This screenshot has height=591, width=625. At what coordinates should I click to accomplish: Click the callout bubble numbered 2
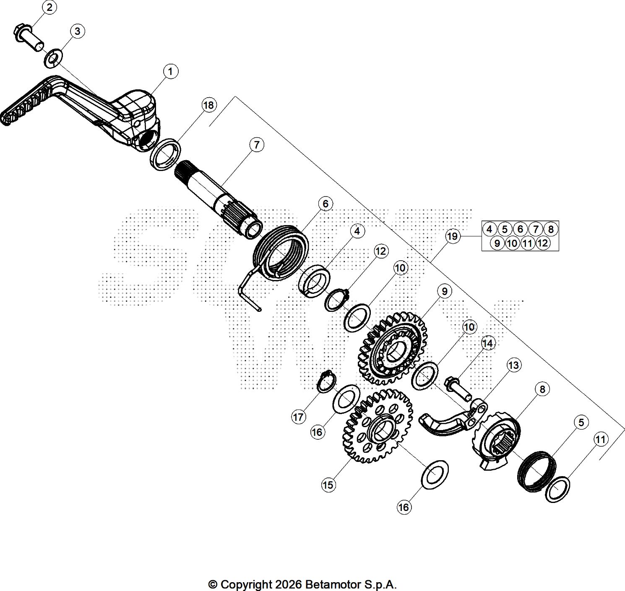coord(49,7)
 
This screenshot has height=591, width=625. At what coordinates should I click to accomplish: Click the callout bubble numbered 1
coord(170,72)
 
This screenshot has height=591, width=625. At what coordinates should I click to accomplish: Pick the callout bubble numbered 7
coord(256,145)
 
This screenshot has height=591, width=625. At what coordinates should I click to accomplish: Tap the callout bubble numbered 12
coord(380,251)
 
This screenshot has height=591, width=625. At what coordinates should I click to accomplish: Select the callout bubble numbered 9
coord(445,291)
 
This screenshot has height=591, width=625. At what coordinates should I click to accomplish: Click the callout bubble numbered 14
coord(487,343)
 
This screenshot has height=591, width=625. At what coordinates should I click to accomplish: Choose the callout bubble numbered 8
coord(542,389)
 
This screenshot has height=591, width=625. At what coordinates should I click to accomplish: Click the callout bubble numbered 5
coord(581,423)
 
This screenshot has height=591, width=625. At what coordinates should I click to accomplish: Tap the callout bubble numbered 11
coord(601,439)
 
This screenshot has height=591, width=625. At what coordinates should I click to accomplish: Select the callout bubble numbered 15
coord(328,485)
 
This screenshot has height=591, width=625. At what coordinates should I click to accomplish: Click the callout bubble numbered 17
coord(298,417)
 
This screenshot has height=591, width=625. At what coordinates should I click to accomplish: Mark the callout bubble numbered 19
coord(452,236)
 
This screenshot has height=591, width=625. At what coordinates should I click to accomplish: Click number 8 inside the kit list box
coord(551,229)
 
